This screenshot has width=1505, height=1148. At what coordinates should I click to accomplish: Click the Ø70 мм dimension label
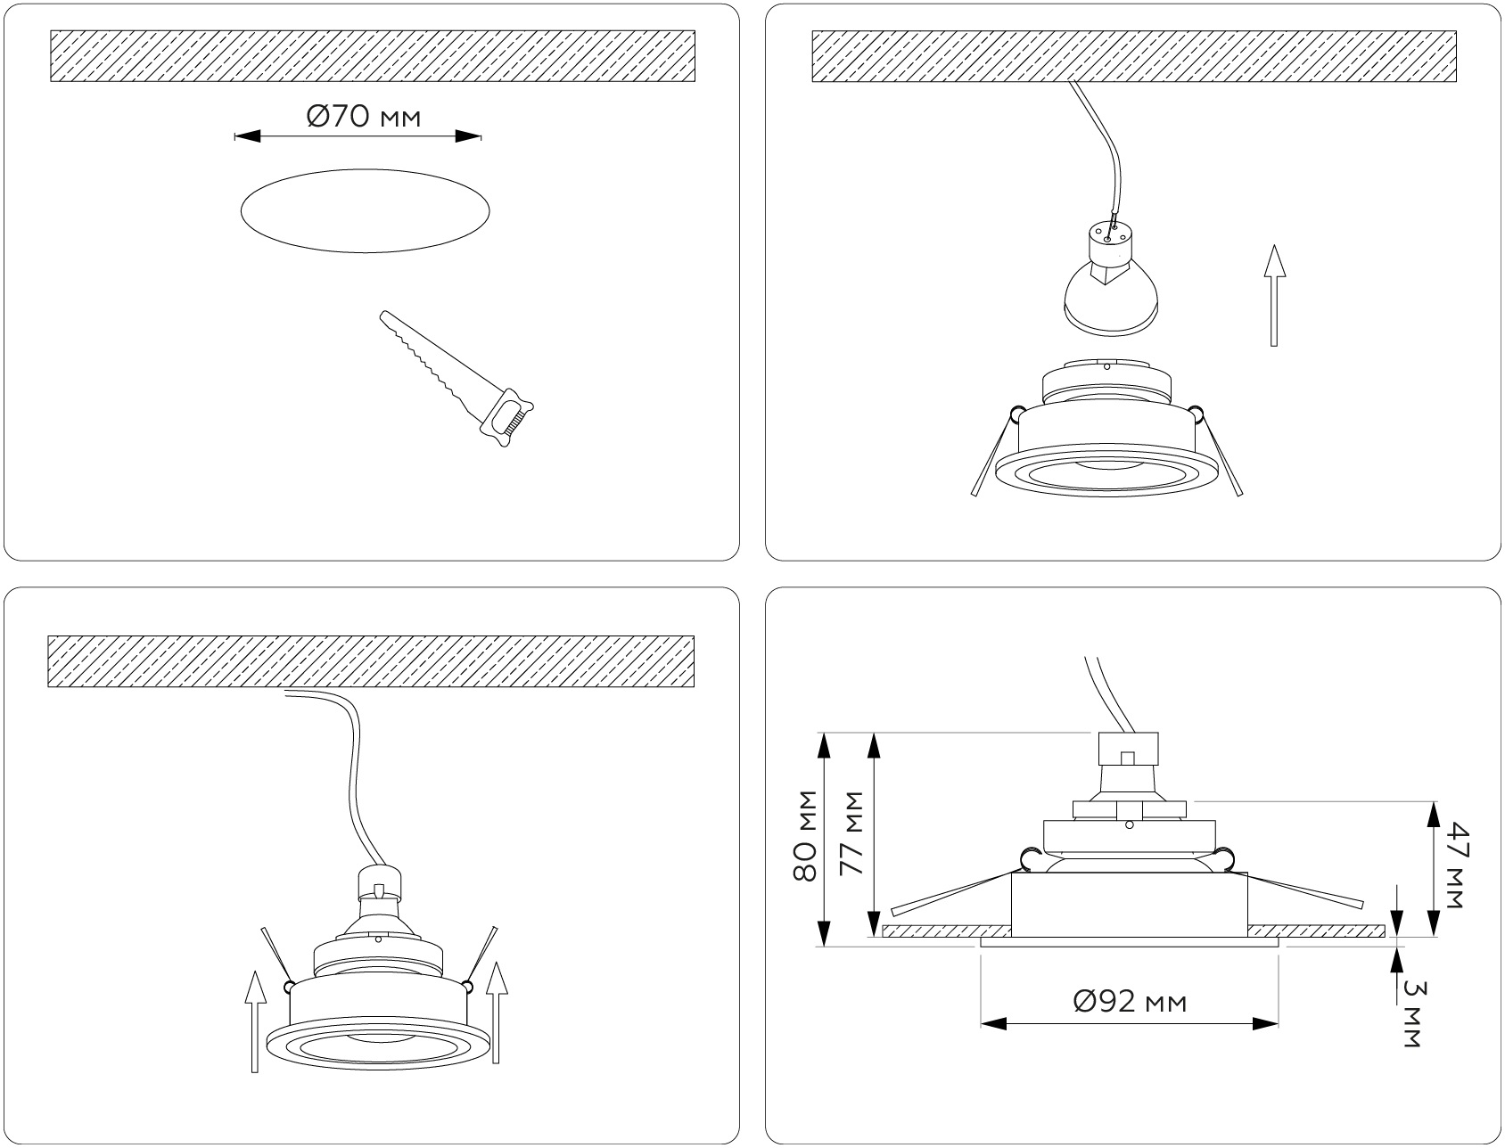pos(363,116)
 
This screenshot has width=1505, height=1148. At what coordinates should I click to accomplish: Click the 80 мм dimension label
pos(806,835)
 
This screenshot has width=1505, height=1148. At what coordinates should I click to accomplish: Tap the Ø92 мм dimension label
pos(1131,1002)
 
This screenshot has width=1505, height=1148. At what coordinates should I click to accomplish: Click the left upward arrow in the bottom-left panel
pos(255,1021)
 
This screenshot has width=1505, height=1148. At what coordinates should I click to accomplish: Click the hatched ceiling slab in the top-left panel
pos(373,56)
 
